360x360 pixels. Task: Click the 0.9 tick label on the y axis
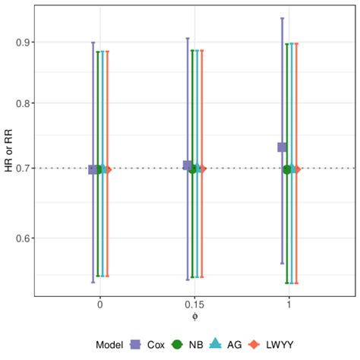click(24, 42)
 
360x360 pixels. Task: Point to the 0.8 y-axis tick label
click(24, 103)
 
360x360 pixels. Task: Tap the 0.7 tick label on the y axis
click(24, 169)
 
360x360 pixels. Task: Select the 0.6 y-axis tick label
click(24, 238)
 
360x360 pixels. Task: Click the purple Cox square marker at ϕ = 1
click(282, 147)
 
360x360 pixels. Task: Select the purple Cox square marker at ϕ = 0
click(93, 169)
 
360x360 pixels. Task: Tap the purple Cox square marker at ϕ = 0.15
click(188, 166)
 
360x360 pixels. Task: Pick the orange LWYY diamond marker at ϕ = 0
click(108, 169)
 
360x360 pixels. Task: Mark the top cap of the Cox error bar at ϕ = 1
click(282, 18)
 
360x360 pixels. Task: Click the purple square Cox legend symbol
click(136, 344)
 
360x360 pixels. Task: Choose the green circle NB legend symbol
click(178, 344)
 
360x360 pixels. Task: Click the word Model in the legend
click(110, 345)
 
